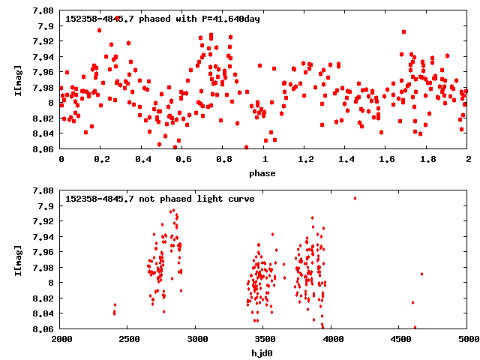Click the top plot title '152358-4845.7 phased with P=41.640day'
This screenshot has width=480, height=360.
point(163,19)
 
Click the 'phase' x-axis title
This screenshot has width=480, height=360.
point(264,173)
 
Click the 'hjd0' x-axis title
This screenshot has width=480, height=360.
point(264,352)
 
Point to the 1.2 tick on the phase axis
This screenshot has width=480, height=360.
point(305,160)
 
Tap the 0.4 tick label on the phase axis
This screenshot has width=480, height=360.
point(142,160)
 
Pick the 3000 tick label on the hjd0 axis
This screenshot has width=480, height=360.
point(196,340)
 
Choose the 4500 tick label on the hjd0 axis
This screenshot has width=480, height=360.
point(400,340)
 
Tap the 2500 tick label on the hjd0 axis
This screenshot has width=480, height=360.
point(128,340)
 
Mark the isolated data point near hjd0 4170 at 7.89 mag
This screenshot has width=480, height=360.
point(355,198)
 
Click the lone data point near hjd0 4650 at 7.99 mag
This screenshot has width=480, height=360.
point(421,274)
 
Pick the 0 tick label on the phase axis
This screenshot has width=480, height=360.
point(61,160)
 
